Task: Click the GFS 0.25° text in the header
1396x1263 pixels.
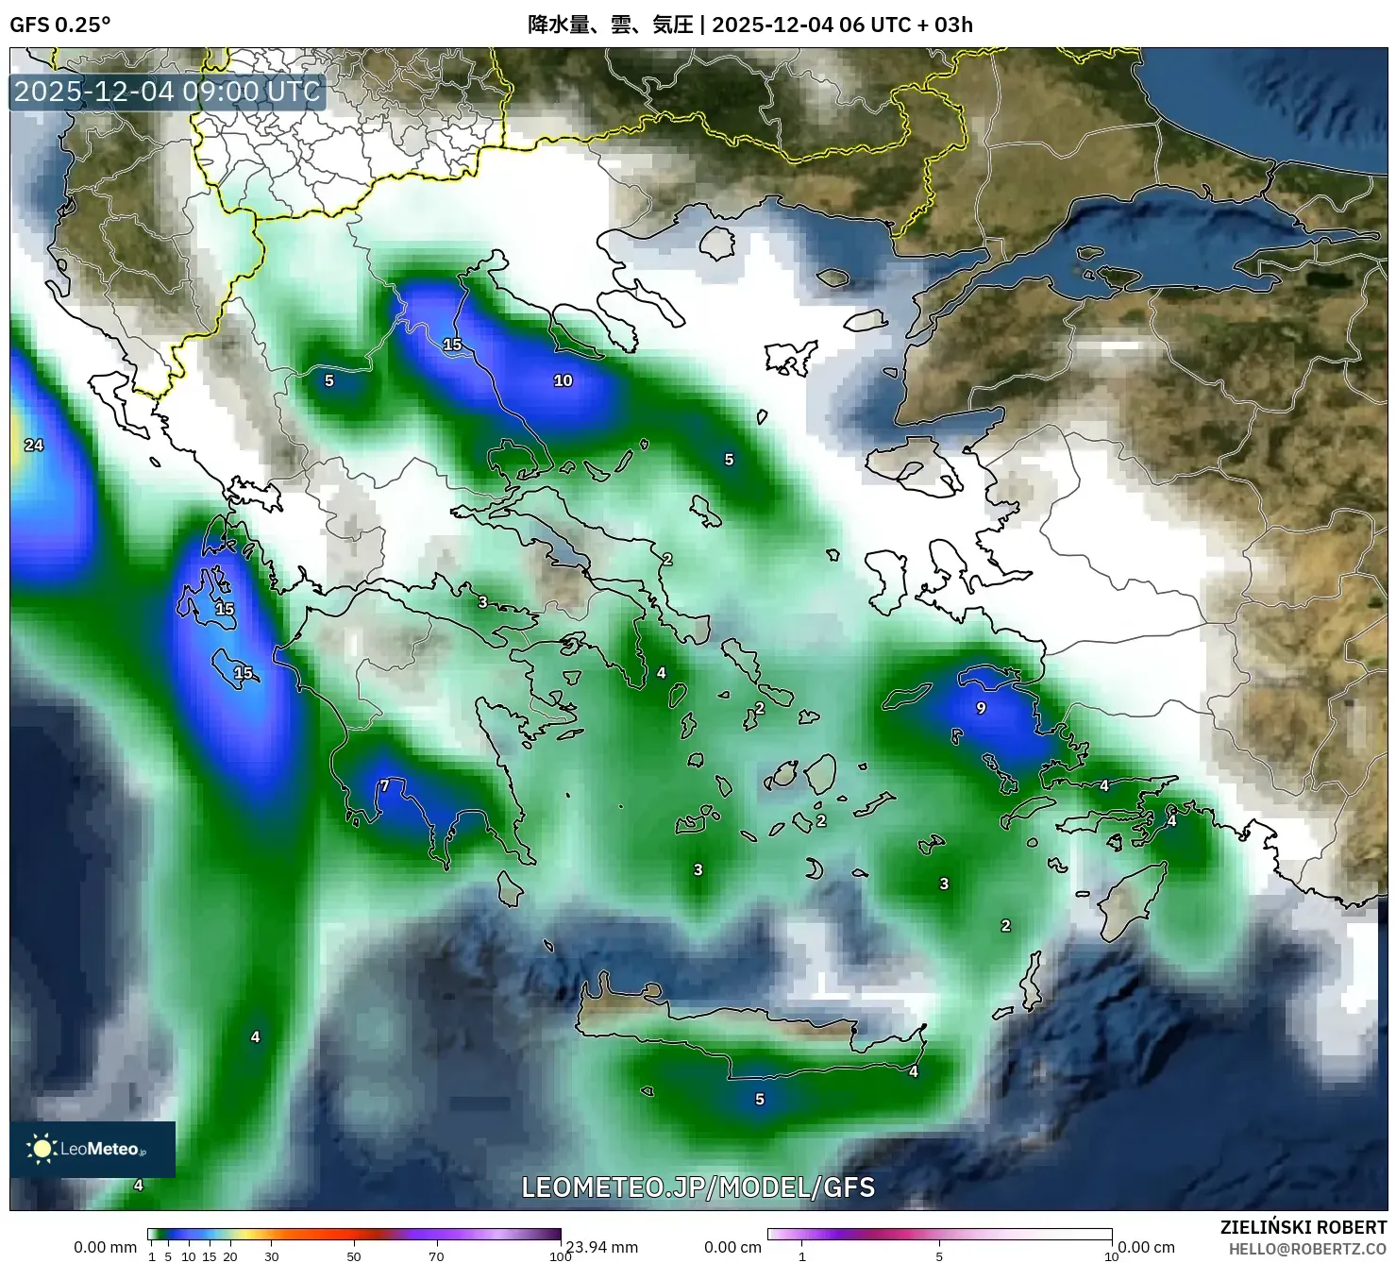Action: point(59,25)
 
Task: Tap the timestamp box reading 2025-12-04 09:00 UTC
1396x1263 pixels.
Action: point(167,92)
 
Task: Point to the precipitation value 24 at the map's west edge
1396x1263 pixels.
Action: point(34,445)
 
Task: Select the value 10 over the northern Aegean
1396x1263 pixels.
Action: point(563,380)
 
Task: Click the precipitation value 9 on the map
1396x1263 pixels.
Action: point(981,708)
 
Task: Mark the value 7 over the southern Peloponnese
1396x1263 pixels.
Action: point(384,785)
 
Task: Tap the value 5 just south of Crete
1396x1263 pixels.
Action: point(760,1099)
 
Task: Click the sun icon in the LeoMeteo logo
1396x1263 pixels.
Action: point(42,1149)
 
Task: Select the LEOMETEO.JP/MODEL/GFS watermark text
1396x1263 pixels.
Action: point(698,1187)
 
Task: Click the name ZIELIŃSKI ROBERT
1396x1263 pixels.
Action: point(1303,1227)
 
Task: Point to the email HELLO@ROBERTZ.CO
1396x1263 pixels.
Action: point(1306,1249)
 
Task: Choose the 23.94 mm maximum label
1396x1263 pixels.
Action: point(602,1247)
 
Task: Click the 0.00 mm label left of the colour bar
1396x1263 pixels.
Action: point(105,1247)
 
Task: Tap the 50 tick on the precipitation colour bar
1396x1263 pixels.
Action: point(354,1256)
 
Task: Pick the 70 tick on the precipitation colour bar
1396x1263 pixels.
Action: point(436,1256)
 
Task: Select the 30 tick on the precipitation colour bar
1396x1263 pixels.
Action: point(272,1256)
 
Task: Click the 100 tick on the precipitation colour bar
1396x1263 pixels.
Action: point(560,1256)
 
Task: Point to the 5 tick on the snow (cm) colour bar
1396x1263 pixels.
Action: point(939,1256)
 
